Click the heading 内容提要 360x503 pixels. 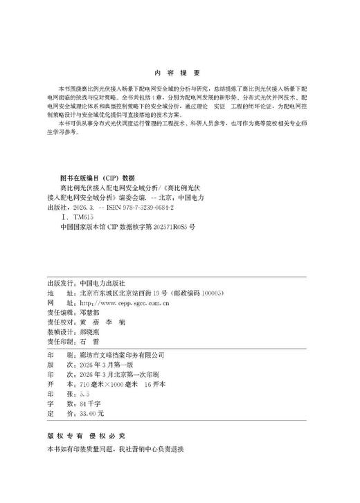coord(179,74)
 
